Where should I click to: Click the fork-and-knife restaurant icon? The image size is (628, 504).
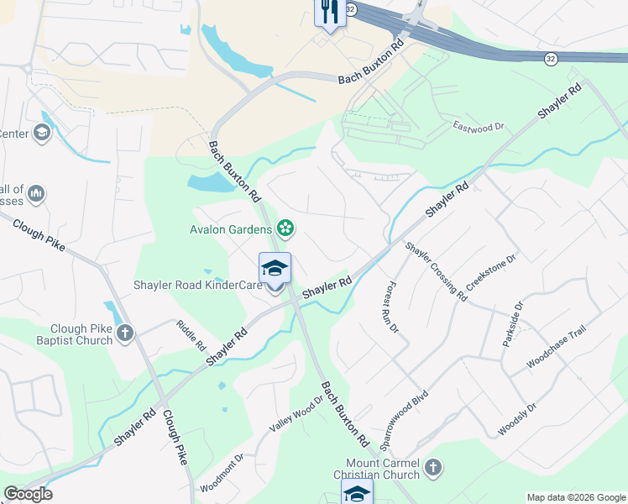[x=328, y=12]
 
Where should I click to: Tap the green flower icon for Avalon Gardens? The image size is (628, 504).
[x=285, y=228]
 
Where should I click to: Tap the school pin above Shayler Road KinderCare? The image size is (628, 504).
[x=275, y=269]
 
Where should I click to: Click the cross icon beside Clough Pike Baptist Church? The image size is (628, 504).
[x=125, y=333]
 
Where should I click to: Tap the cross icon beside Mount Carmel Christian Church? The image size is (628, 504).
[x=432, y=468]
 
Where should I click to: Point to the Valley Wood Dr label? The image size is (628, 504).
[x=295, y=415]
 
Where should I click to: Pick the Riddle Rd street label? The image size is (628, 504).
[x=191, y=333]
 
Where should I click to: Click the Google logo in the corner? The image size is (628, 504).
[x=28, y=494]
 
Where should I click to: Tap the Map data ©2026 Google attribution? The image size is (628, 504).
[x=576, y=497]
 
